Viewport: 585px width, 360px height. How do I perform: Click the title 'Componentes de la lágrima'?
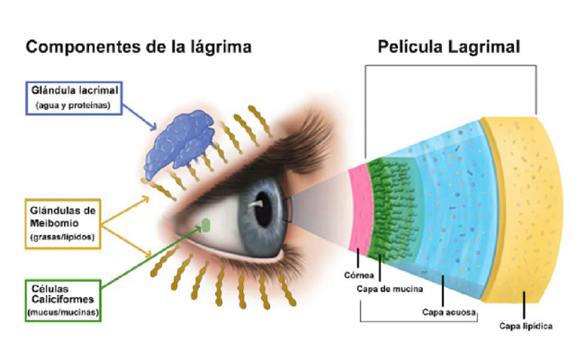139,48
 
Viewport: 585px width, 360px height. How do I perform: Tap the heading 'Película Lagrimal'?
448,48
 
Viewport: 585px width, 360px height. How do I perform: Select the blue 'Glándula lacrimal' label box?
74,98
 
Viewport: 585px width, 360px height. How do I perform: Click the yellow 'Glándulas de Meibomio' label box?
63,224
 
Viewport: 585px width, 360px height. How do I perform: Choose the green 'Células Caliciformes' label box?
63,301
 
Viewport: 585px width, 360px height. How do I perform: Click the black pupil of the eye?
263,210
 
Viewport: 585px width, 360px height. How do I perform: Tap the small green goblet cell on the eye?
206,225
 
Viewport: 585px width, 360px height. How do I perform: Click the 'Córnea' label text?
359,275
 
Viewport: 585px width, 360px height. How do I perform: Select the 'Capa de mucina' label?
390,289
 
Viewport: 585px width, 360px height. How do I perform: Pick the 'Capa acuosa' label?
449,312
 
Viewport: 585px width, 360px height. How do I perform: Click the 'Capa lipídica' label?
526,326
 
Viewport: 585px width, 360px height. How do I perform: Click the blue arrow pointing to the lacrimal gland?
139,118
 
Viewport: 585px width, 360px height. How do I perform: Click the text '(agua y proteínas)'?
73,105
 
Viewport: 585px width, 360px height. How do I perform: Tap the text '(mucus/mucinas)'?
63,312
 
